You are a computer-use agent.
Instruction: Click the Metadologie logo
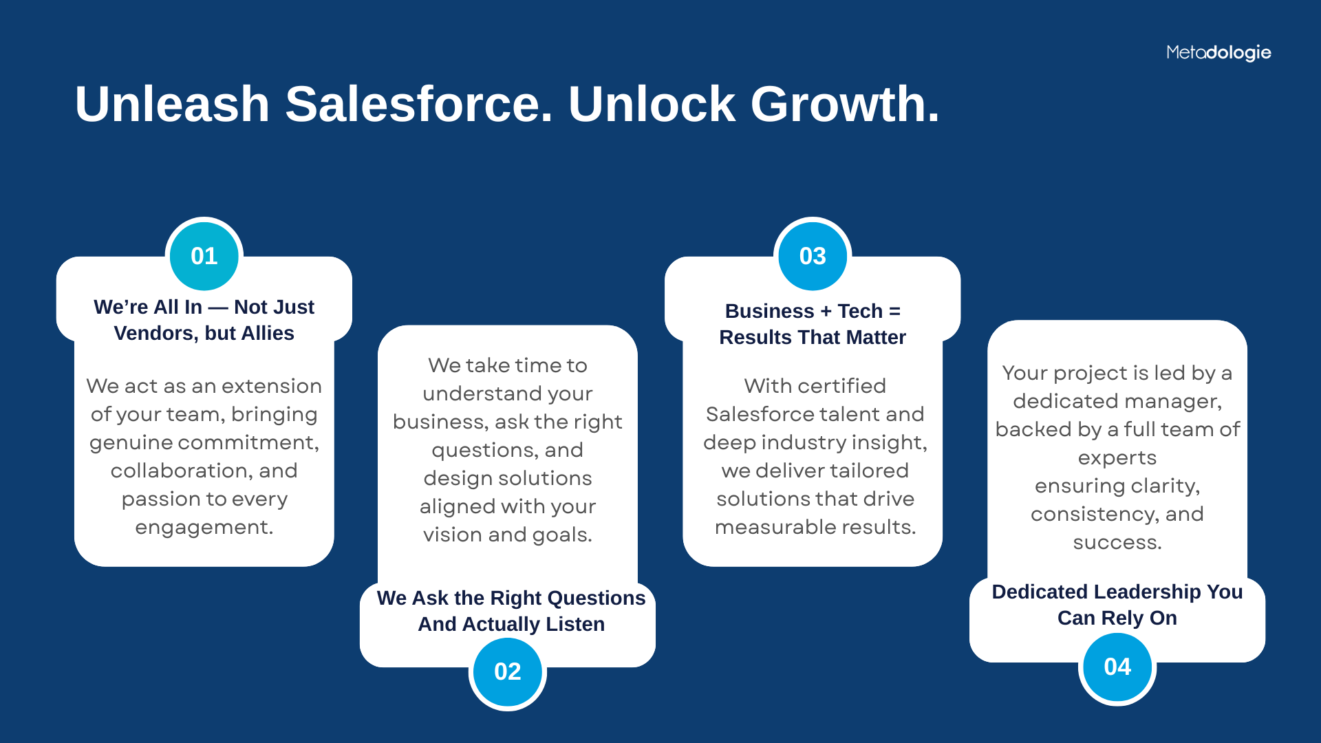point(1218,52)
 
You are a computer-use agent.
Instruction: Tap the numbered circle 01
point(204,256)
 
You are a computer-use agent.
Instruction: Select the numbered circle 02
point(508,671)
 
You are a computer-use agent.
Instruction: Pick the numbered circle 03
point(813,256)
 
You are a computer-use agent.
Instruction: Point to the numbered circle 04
point(1117,667)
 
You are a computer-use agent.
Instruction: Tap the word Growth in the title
point(845,104)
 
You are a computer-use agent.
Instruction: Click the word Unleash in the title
point(172,104)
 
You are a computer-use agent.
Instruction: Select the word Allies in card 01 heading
point(268,333)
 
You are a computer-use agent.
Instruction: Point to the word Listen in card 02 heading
point(575,624)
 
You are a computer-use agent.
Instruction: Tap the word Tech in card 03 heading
point(860,311)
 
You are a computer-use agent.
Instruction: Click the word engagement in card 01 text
point(204,528)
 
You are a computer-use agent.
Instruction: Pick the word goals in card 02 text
point(563,535)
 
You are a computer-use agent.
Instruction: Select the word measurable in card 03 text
point(769,527)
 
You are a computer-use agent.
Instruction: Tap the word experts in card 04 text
point(1117,458)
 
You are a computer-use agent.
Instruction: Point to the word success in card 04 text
point(1117,543)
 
